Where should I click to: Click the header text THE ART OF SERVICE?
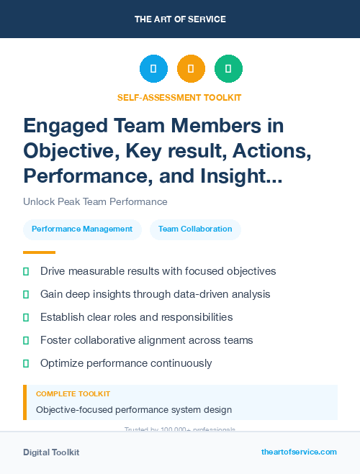tap(179, 19)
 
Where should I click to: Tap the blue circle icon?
tap(153, 69)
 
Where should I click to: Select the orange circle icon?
tap(191, 69)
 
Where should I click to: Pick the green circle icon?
tap(228, 69)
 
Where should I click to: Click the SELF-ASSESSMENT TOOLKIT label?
tap(179, 97)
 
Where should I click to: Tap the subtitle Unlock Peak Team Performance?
tap(95, 202)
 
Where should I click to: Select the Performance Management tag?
tap(82, 229)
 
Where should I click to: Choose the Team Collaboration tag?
tap(195, 229)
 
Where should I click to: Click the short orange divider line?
tap(39, 252)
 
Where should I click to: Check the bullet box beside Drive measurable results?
tap(26, 271)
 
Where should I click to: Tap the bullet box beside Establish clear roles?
tap(26, 317)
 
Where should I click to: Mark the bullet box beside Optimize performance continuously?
tap(26, 363)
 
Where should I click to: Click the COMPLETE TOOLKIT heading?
tap(73, 394)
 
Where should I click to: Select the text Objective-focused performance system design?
tap(134, 410)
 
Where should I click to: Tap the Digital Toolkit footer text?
tap(51, 452)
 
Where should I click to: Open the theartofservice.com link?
tap(299, 452)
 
